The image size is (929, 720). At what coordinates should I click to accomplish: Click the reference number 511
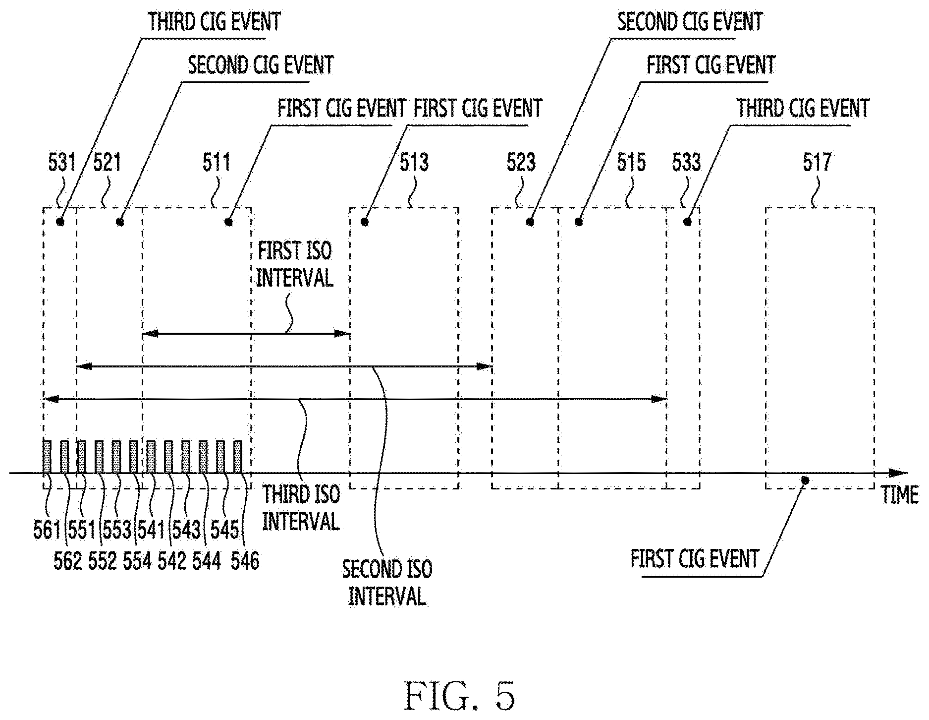(x=217, y=162)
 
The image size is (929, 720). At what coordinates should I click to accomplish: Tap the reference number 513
(x=414, y=162)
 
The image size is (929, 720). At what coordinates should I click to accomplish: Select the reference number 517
(x=816, y=162)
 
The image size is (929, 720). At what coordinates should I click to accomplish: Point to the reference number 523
(x=521, y=162)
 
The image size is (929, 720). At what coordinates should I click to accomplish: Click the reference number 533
(x=687, y=162)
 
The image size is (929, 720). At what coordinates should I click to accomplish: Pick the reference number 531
(x=62, y=162)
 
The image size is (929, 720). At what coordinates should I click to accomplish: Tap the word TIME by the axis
(x=900, y=495)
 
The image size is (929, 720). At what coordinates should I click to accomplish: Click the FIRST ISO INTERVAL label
(x=295, y=265)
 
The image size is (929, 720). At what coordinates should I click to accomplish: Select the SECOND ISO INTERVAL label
(x=387, y=583)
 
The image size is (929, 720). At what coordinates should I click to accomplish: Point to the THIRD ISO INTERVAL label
(x=301, y=508)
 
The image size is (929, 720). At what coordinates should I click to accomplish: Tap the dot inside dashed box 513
(x=366, y=222)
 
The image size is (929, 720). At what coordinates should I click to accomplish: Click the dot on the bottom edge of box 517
(x=805, y=480)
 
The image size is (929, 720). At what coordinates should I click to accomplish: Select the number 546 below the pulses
(x=245, y=561)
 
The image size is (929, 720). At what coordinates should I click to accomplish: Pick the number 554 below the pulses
(x=137, y=561)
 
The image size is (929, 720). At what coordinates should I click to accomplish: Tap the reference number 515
(x=632, y=162)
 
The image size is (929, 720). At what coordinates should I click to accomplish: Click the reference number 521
(x=107, y=162)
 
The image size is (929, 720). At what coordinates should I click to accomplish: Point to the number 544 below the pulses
(x=207, y=561)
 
